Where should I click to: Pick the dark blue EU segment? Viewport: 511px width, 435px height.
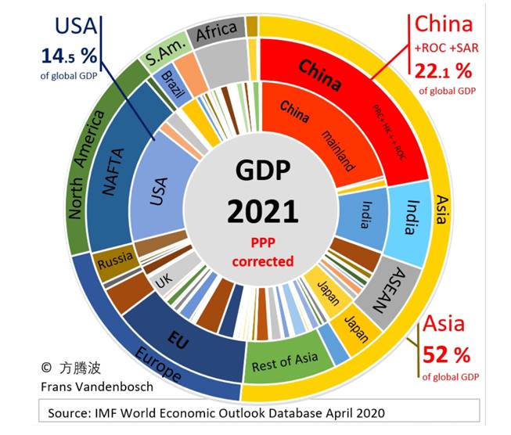176,333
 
